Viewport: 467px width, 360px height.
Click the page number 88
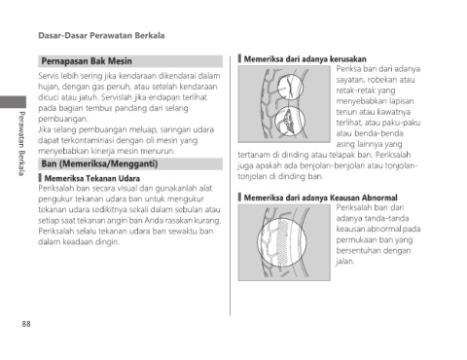coord(26,324)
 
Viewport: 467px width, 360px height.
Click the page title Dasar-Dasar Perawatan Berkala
coord(101,35)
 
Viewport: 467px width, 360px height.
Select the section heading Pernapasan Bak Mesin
coord(87,61)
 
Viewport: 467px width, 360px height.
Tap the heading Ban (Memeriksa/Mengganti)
coord(99,163)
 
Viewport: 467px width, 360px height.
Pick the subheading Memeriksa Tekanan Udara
coord(92,178)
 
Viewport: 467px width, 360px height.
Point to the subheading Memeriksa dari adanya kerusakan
coord(305,59)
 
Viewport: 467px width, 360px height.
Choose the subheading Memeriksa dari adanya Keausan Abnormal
coord(320,198)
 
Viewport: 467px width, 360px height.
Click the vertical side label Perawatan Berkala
coord(21,143)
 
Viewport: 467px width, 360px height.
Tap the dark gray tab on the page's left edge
coord(13,102)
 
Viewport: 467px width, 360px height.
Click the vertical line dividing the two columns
coord(231,186)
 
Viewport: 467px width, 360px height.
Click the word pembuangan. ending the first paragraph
coord(63,119)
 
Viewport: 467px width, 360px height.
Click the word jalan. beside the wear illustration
coord(345,261)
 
